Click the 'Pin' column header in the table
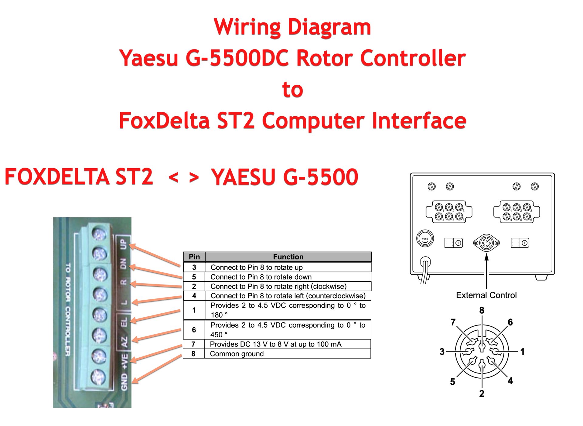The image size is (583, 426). (x=194, y=257)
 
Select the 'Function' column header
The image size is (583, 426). (x=288, y=257)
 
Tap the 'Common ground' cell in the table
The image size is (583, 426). (x=237, y=354)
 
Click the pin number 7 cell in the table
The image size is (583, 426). (x=193, y=344)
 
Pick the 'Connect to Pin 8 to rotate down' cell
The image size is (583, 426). (x=261, y=277)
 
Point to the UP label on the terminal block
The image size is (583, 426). (x=123, y=244)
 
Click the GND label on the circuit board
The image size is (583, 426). (x=124, y=382)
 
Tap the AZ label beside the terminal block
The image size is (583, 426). (x=124, y=342)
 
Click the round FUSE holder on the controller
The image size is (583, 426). (x=425, y=239)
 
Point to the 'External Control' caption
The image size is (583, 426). (x=486, y=295)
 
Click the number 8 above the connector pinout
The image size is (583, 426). (x=482, y=310)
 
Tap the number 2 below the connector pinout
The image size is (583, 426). (x=482, y=394)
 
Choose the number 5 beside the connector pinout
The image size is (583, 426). (x=452, y=382)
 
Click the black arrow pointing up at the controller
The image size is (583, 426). (x=486, y=267)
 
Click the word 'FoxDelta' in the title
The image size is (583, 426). (x=164, y=121)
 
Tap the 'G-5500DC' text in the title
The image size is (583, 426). (x=237, y=58)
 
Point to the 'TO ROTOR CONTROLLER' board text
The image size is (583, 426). (x=68, y=310)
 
